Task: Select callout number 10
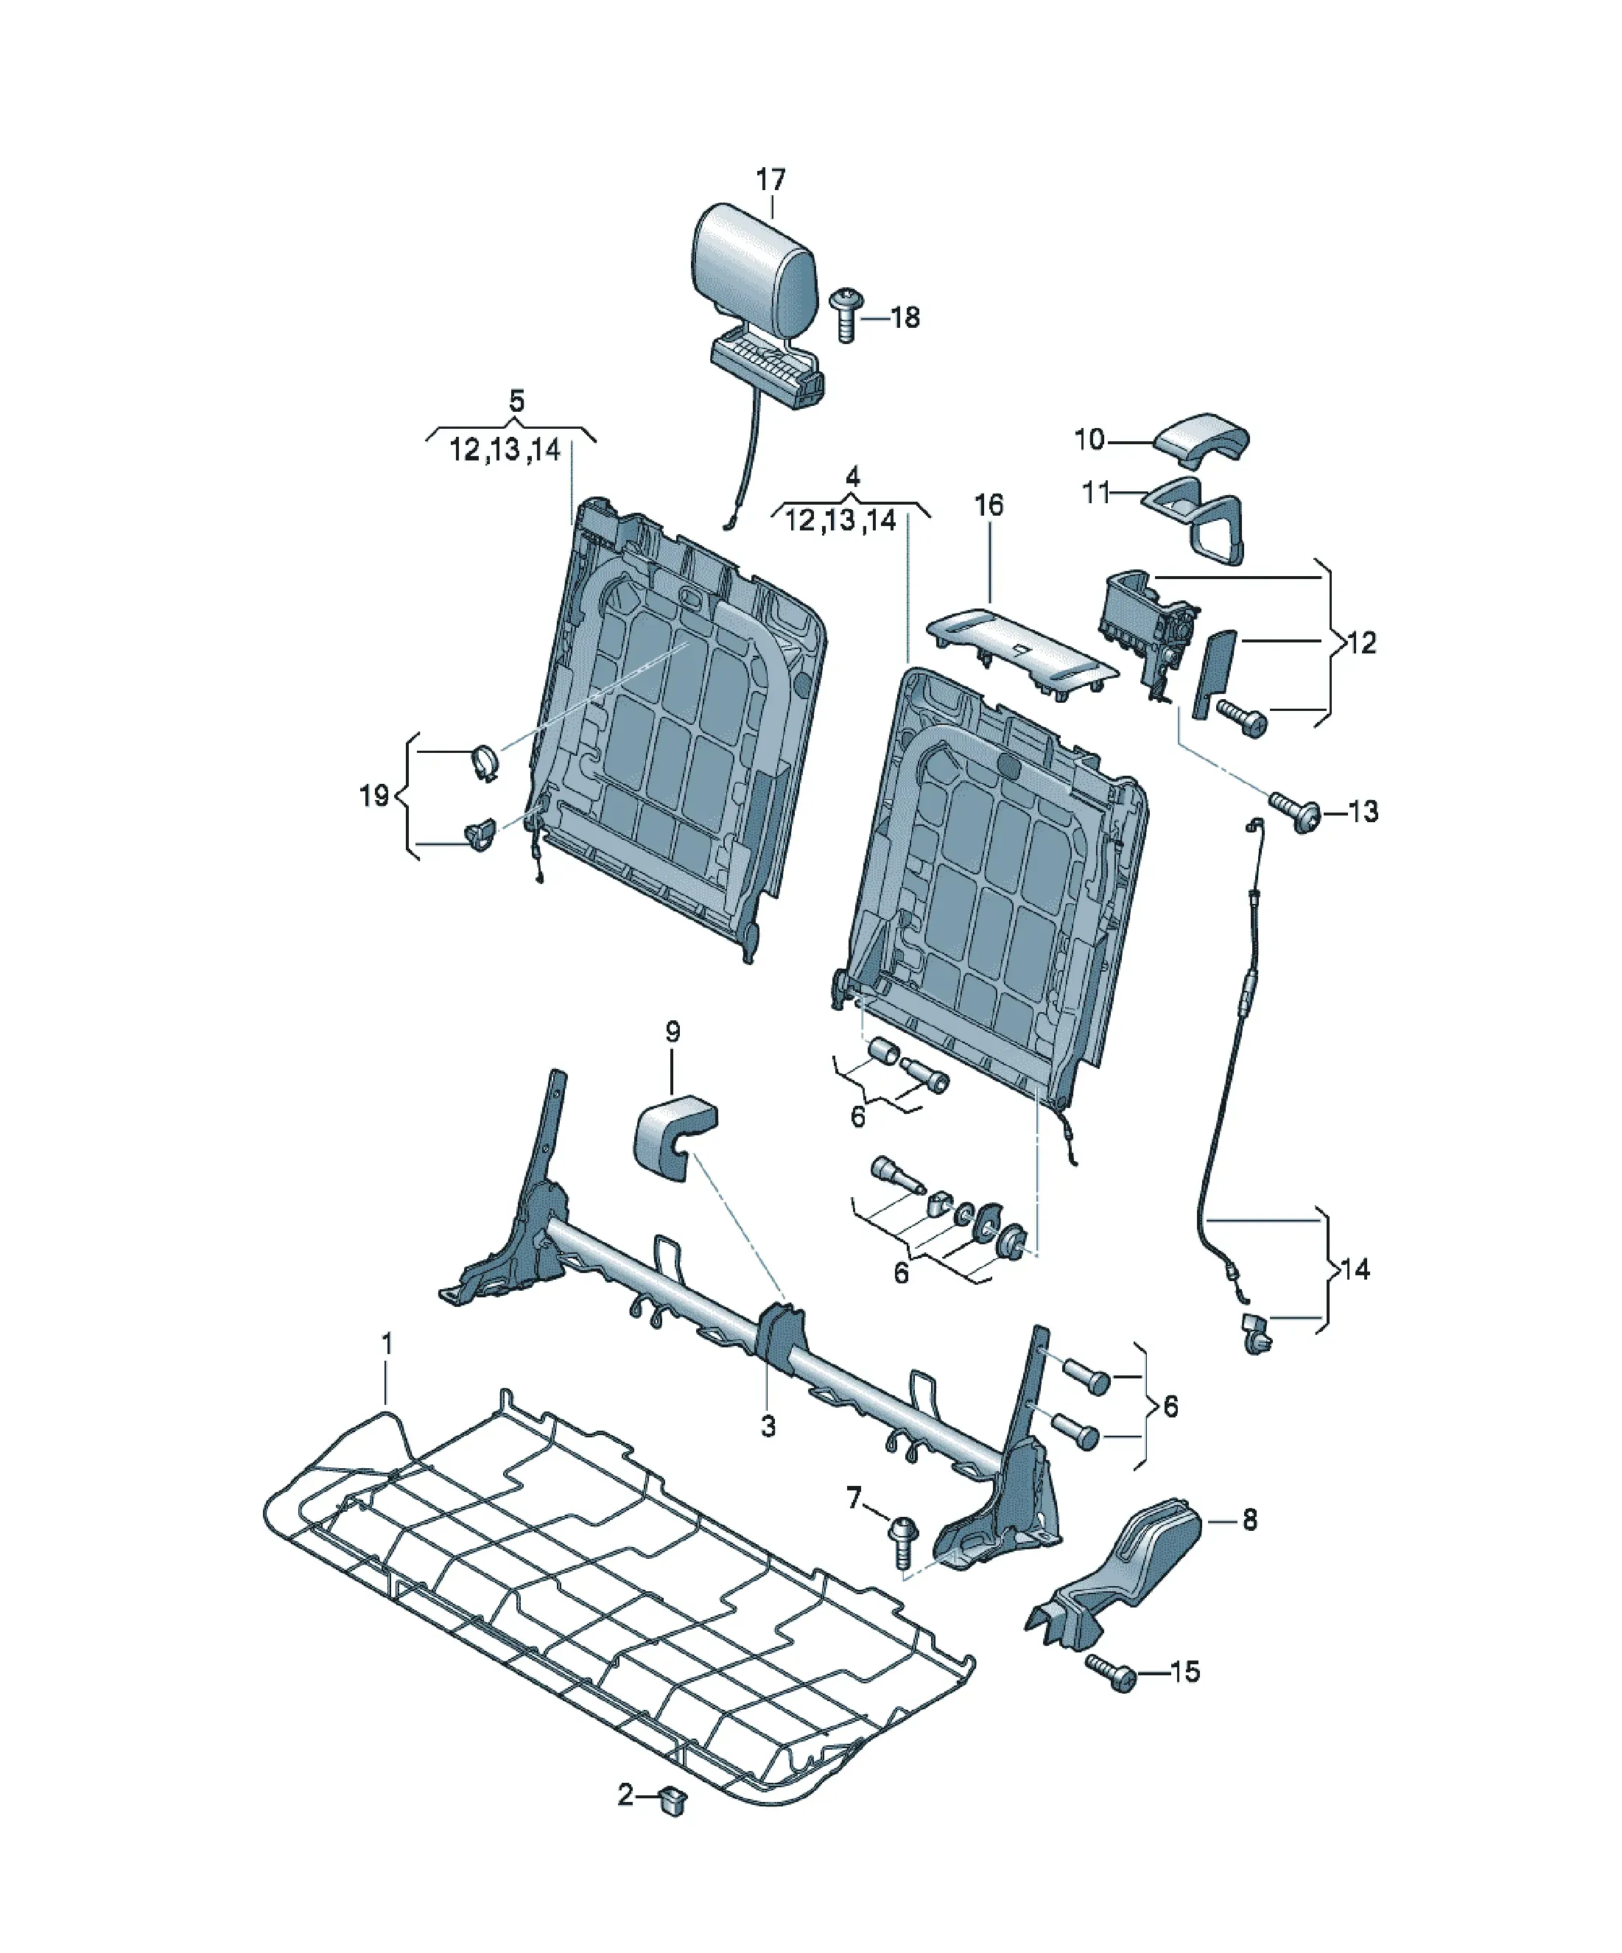(x=1089, y=439)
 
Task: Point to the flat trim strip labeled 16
(x=1023, y=651)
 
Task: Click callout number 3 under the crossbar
(x=768, y=1426)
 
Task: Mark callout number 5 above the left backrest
(x=517, y=401)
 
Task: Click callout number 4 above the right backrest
(x=853, y=477)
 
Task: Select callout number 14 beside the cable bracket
(x=1356, y=1269)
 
